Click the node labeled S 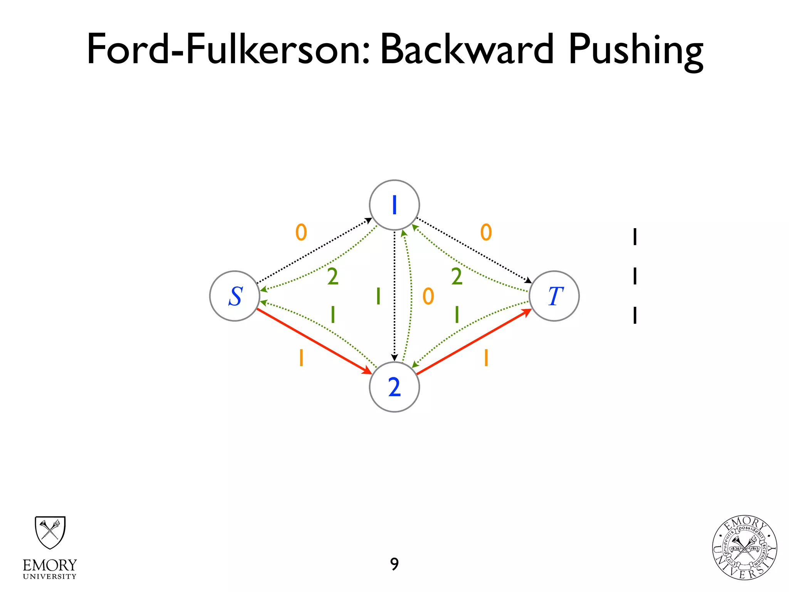(235, 296)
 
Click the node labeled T (554, 296)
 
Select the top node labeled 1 (394, 205)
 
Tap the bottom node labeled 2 (394, 387)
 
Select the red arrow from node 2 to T (474, 341)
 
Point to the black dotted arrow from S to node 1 (314, 251)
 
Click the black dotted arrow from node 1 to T (474, 251)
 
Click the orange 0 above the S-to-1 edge (301, 232)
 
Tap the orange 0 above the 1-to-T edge (486, 232)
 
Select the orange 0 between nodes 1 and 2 (428, 296)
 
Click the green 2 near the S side (333, 277)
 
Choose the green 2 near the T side (457, 277)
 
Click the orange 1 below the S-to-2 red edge (301, 358)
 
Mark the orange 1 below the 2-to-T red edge (486, 358)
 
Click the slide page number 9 (394, 564)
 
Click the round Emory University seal (744, 548)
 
